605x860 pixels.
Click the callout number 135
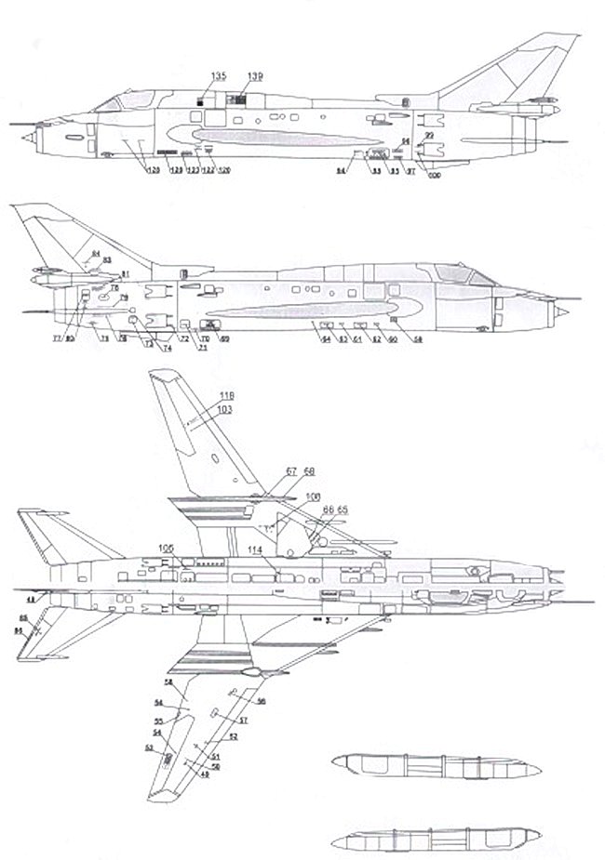click(x=217, y=75)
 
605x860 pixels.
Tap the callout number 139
click(x=254, y=75)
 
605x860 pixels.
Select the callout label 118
click(x=225, y=396)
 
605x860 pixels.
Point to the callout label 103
click(x=225, y=409)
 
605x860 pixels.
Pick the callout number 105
click(x=166, y=547)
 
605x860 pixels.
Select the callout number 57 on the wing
click(x=244, y=721)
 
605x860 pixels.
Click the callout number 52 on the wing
click(x=234, y=735)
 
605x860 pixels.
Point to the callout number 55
click(x=159, y=721)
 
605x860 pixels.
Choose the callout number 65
click(x=342, y=510)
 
